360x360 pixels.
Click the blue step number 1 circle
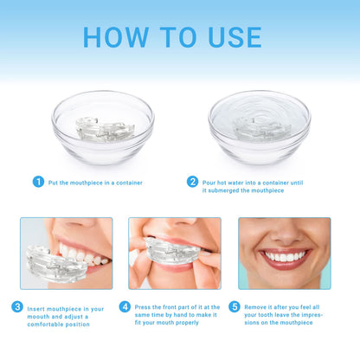pos(38,182)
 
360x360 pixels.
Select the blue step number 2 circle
pos(192,182)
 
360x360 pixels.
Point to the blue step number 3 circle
pos(17,306)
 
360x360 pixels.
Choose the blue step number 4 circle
pos(125,306)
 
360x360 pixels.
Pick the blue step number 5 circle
pos(235,306)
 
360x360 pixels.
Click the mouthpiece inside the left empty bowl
pos(104,129)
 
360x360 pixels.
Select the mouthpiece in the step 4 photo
pos(174,251)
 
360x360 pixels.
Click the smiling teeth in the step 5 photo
pos(283,256)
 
